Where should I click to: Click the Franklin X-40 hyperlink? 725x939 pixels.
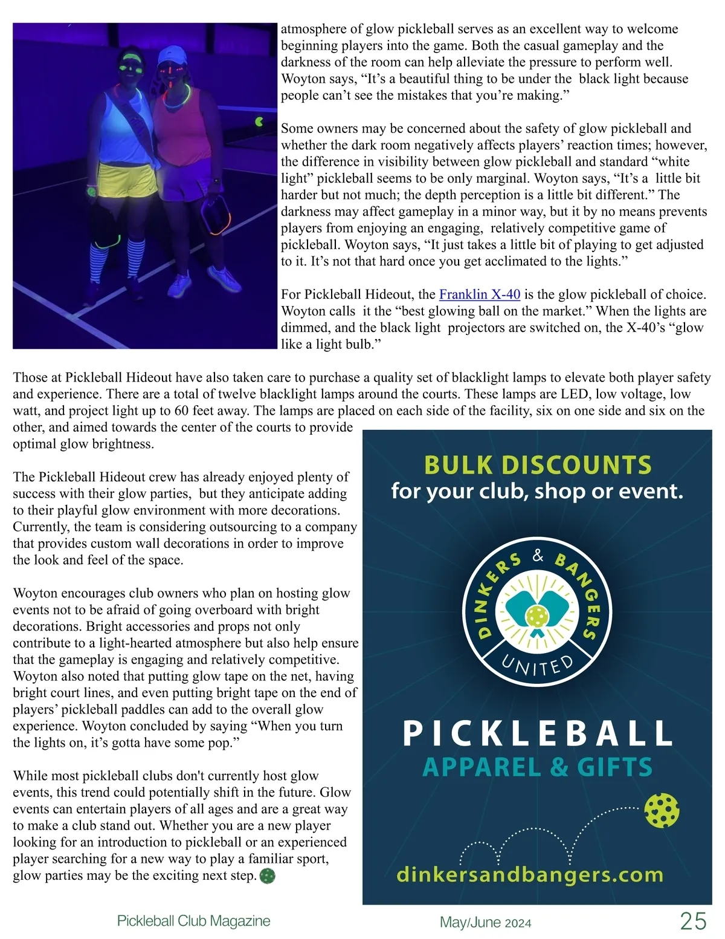(479, 294)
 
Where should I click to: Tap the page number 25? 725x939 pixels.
(692, 921)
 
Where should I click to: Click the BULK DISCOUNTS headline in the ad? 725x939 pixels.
(538, 464)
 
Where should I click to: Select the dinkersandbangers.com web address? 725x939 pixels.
(530, 874)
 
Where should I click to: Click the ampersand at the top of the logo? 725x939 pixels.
(538, 556)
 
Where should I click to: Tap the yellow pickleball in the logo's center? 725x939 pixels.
(535, 617)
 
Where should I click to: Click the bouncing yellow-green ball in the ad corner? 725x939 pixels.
(662, 810)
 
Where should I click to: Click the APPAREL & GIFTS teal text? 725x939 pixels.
(537, 767)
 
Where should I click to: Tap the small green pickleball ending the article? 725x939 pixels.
(267, 876)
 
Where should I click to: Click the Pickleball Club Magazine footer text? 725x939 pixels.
(193, 921)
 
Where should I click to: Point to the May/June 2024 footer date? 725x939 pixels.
(485, 923)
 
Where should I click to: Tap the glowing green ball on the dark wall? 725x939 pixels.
(259, 121)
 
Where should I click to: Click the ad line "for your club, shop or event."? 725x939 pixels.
(537, 490)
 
